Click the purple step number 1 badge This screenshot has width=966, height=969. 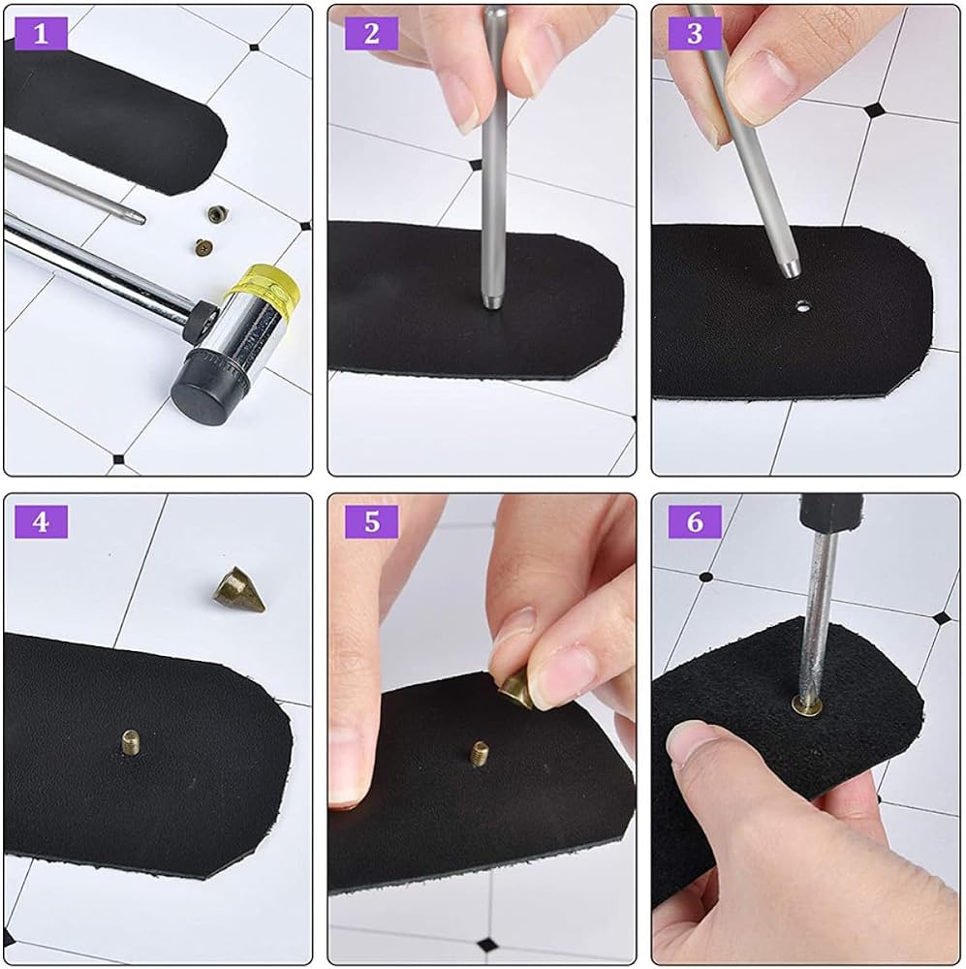click(x=41, y=33)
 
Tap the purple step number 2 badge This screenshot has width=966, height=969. click(x=371, y=33)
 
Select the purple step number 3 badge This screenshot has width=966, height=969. click(x=696, y=33)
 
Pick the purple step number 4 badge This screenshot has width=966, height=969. click(x=41, y=522)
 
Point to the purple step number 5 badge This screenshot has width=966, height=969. click(x=371, y=522)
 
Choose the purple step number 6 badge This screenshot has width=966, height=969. click(x=696, y=522)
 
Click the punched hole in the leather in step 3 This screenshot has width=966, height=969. click(x=803, y=304)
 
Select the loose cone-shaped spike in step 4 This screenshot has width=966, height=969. click(x=239, y=589)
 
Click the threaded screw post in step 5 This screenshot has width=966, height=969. click(x=480, y=753)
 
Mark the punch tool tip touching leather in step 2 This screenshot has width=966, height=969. click(x=492, y=302)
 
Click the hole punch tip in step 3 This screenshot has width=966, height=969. click(x=791, y=268)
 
